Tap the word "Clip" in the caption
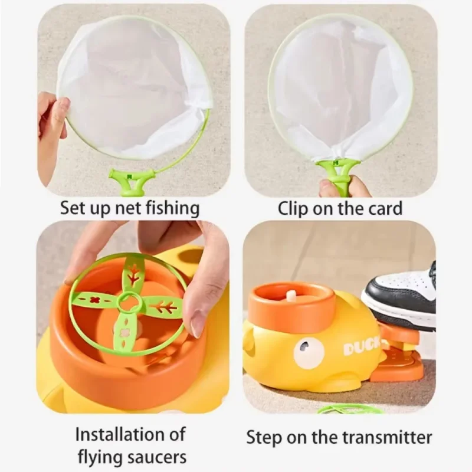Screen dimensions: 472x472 (293, 208)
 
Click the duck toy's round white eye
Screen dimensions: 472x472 (309, 353)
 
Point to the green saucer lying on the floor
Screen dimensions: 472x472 (348, 408)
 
